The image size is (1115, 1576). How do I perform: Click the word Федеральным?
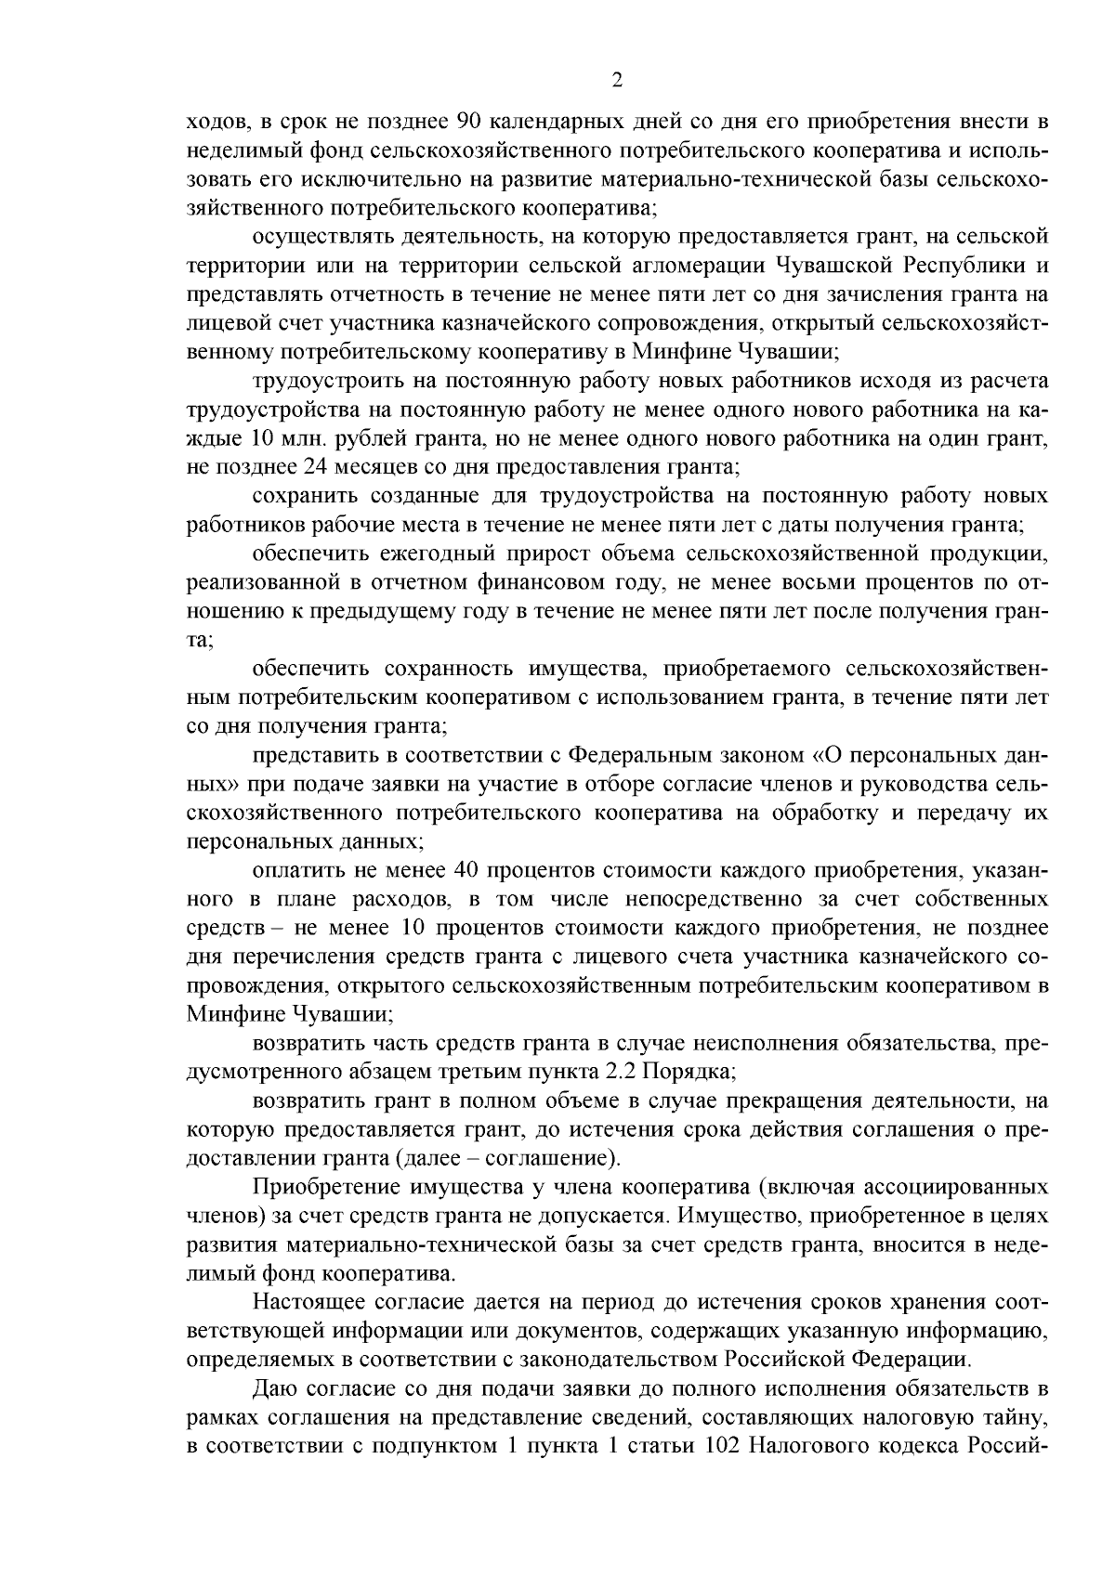(x=635, y=754)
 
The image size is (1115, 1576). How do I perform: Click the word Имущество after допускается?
(x=744, y=1216)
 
